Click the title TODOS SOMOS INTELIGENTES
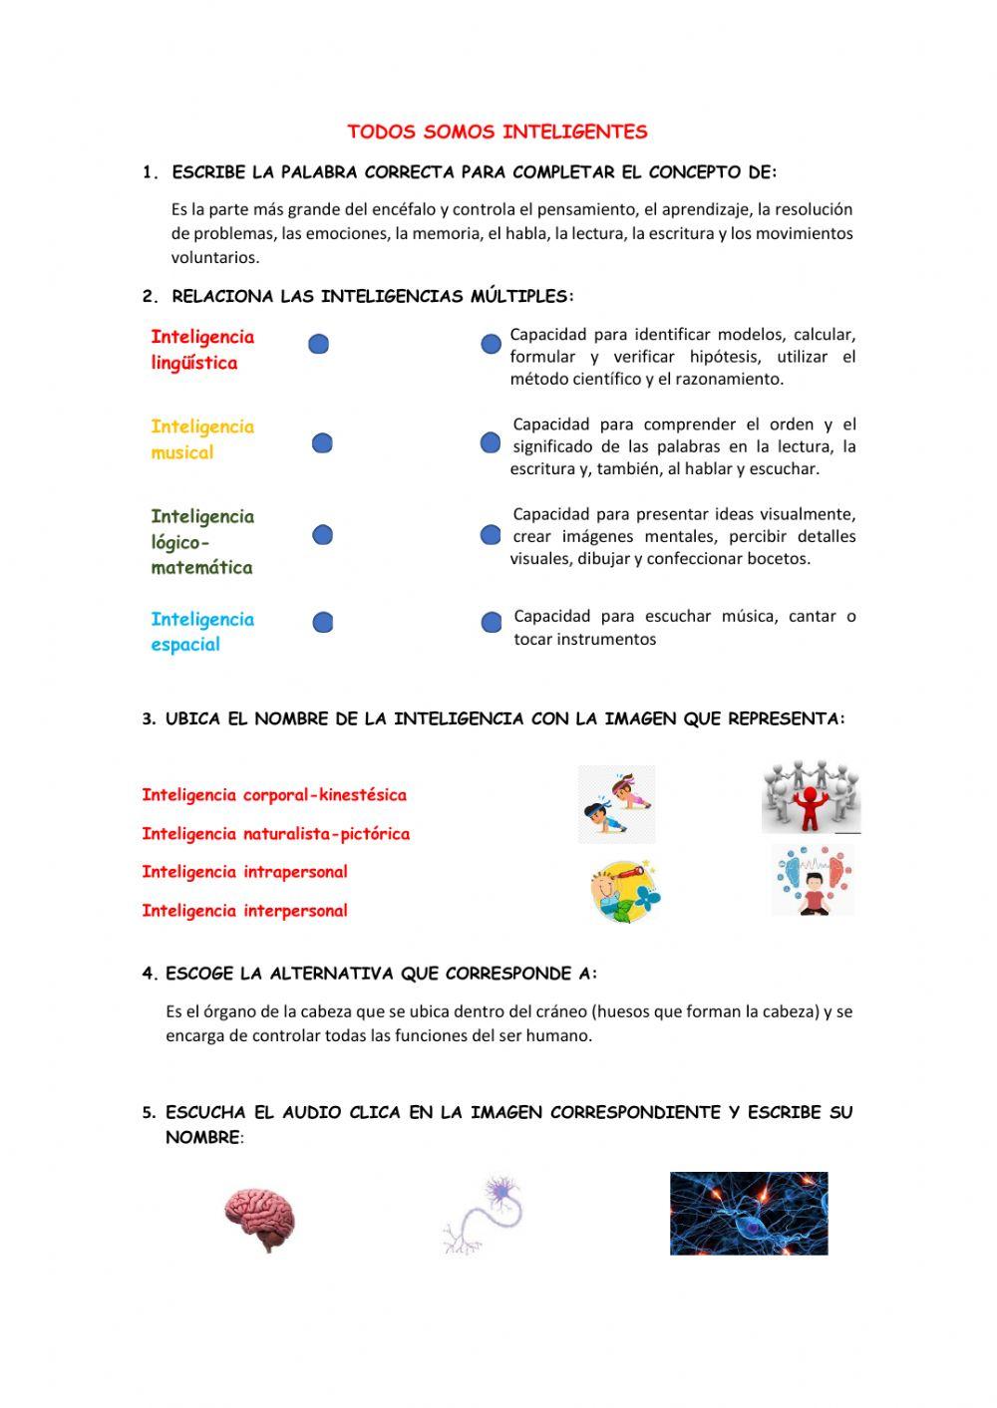pos(497,132)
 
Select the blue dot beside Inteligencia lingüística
pos(319,345)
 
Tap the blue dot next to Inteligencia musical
pos(322,443)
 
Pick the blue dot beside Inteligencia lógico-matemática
pos(322,535)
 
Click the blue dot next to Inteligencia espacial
pos(322,623)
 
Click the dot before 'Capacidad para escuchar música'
pos(492,623)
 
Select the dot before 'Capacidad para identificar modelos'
pos(491,345)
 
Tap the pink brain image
pos(259,1219)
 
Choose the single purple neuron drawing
pos(484,1214)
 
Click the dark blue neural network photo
pos(748,1213)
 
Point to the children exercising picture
pos(616,804)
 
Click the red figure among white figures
pos(811,799)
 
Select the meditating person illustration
pos(813,881)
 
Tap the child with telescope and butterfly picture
pos(624,889)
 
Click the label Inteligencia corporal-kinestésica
pos(274,795)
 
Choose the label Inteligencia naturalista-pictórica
pos(275,834)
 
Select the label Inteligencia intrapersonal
pos(244,872)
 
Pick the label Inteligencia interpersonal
pos(244,911)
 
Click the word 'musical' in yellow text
pos(182,452)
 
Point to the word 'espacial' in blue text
pos(185,645)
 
